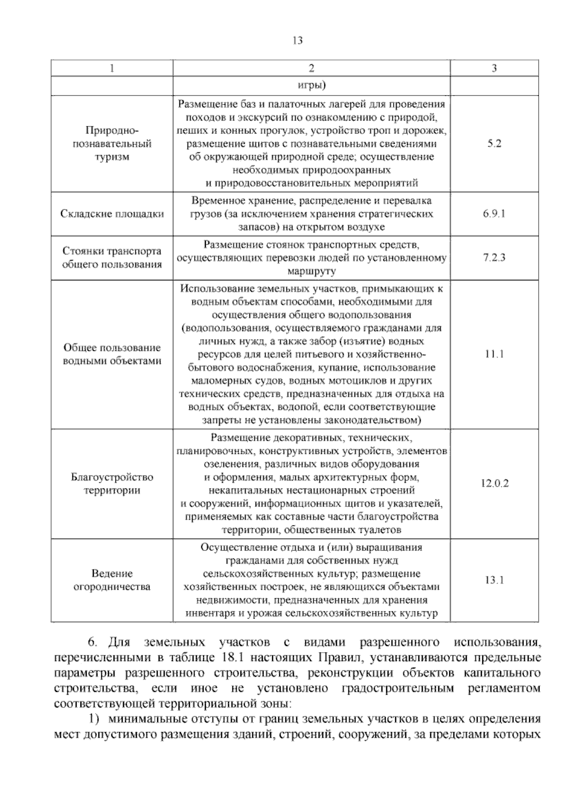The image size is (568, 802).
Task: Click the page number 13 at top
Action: point(298,41)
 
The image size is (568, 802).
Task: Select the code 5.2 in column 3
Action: point(494,144)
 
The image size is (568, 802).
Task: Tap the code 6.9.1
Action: point(494,214)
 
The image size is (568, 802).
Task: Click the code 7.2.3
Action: point(494,258)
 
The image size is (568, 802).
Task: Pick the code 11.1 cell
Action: point(494,354)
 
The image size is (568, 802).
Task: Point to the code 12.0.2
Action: point(494,483)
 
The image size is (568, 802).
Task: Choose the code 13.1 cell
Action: point(494,580)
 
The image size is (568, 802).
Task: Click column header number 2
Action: point(311,68)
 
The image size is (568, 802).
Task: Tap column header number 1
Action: point(112,68)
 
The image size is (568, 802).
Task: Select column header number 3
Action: point(494,68)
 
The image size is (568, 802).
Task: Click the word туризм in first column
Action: point(112,157)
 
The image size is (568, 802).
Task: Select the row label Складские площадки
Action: point(112,214)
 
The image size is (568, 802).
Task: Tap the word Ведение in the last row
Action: point(112,574)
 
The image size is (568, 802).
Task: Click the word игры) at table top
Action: point(311,86)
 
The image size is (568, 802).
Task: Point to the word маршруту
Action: point(311,271)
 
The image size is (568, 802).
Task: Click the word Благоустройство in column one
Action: point(112,477)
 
